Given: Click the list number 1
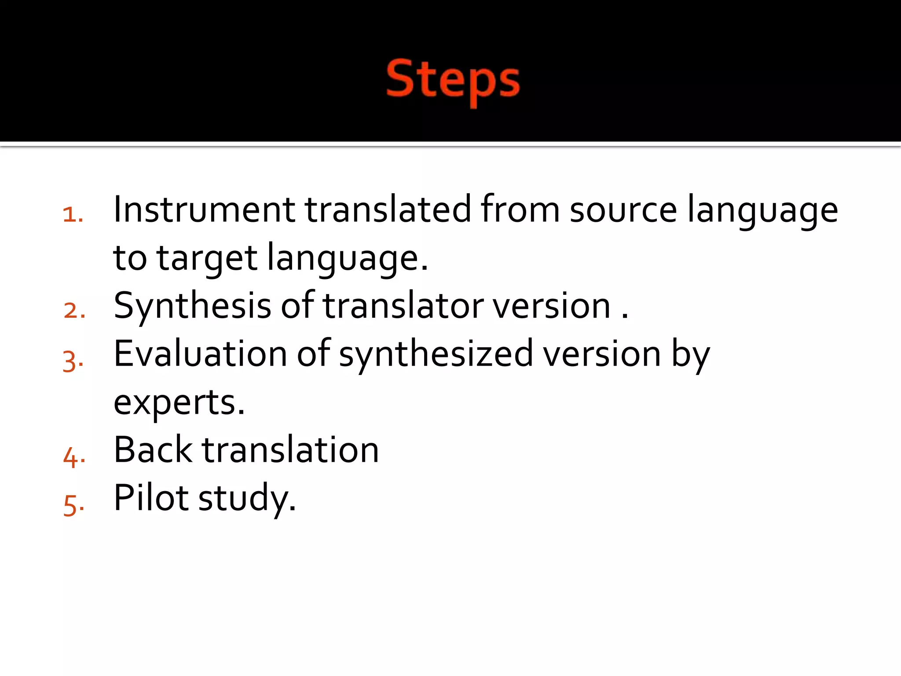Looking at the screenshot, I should click(73, 215).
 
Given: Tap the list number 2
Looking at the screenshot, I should click(74, 310).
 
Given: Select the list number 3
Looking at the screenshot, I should click(73, 361).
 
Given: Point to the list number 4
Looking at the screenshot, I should click(74, 457).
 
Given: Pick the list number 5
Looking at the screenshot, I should click(73, 505).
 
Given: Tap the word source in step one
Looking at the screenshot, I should click(623, 209).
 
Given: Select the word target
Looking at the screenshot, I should click(207, 258).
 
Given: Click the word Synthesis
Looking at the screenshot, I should click(192, 306).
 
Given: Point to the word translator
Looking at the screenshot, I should click(403, 306).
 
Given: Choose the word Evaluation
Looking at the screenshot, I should click(200, 354).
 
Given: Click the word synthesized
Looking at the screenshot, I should click(436, 355).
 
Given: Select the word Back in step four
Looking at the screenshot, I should click(153, 450).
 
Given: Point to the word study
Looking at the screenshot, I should click(247, 499).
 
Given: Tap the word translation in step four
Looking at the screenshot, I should click(290, 450).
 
